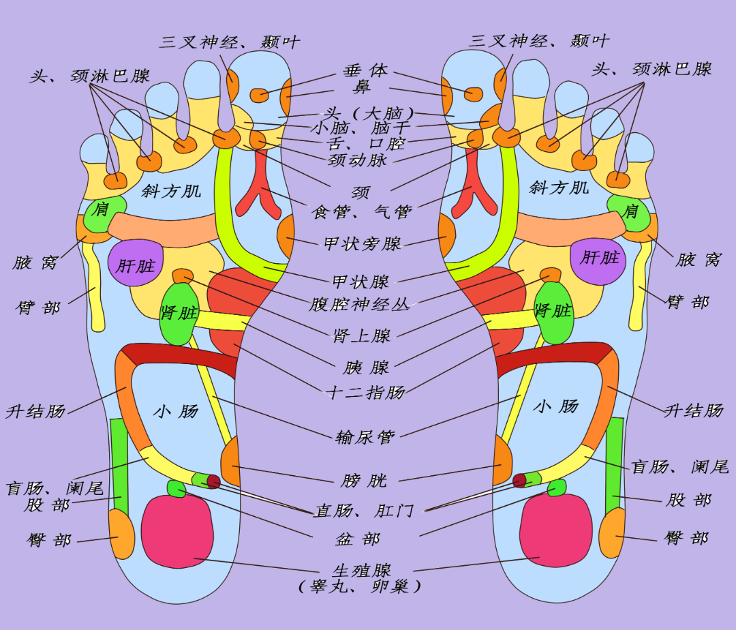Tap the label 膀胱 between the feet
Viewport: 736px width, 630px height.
[x=364, y=481]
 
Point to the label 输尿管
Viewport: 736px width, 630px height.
[x=365, y=437]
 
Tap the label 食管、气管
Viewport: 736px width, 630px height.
[x=362, y=212]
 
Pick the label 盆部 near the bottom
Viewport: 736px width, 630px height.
[x=357, y=539]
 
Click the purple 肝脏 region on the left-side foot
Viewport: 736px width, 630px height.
[x=136, y=263]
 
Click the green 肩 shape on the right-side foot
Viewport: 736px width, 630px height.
[x=628, y=211]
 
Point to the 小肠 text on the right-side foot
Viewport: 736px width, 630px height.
[x=555, y=407]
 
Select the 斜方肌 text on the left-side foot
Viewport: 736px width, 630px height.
[x=171, y=190]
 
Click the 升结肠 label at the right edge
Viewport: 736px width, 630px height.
[x=694, y=410]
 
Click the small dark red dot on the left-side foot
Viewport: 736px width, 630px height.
[x=213, y=481]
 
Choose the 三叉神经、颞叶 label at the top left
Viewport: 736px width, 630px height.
[x=229, y=42]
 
